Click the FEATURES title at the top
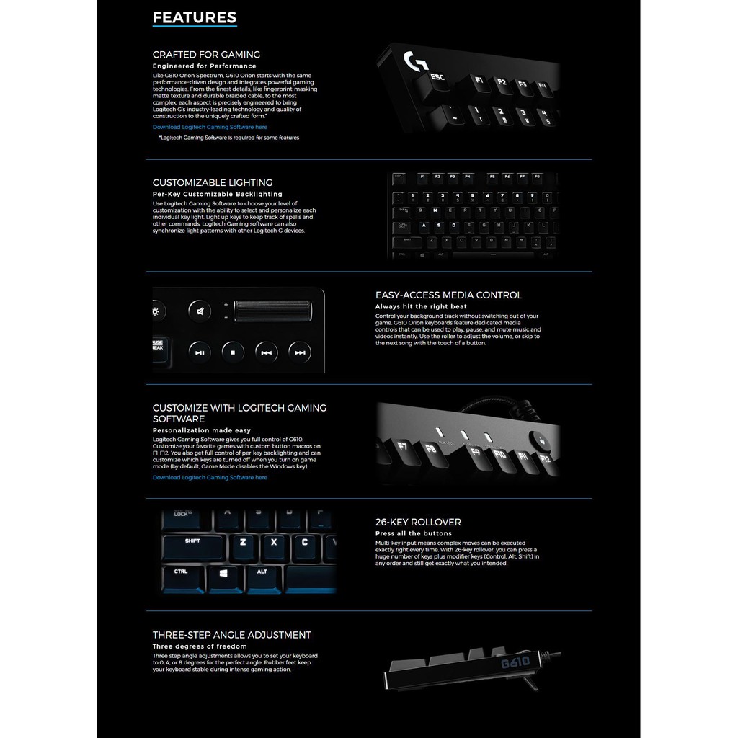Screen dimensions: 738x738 (195, 17)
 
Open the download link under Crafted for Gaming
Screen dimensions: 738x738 (210, 127)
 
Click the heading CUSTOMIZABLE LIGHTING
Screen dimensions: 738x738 (213, 182)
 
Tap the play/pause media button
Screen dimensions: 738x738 (200, 352)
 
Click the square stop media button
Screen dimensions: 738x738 (234, 352)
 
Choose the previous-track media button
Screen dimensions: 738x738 (267, 352)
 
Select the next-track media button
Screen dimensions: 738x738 (300, 352)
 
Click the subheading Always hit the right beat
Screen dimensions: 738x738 (421, 306)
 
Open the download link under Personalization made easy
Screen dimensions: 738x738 (210, 477)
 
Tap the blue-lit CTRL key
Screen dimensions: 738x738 (181, 572)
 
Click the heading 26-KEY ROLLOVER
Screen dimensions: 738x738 (418, 522)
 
